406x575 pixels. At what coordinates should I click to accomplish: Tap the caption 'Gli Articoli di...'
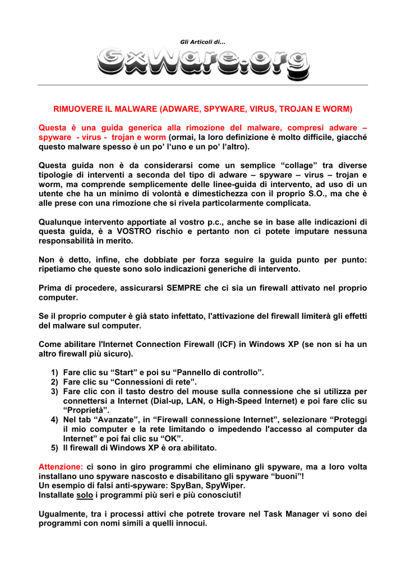coord(202,42)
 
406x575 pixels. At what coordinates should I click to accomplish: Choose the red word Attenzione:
coord(61,467)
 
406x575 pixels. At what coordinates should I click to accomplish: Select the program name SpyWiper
coord(227,486)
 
